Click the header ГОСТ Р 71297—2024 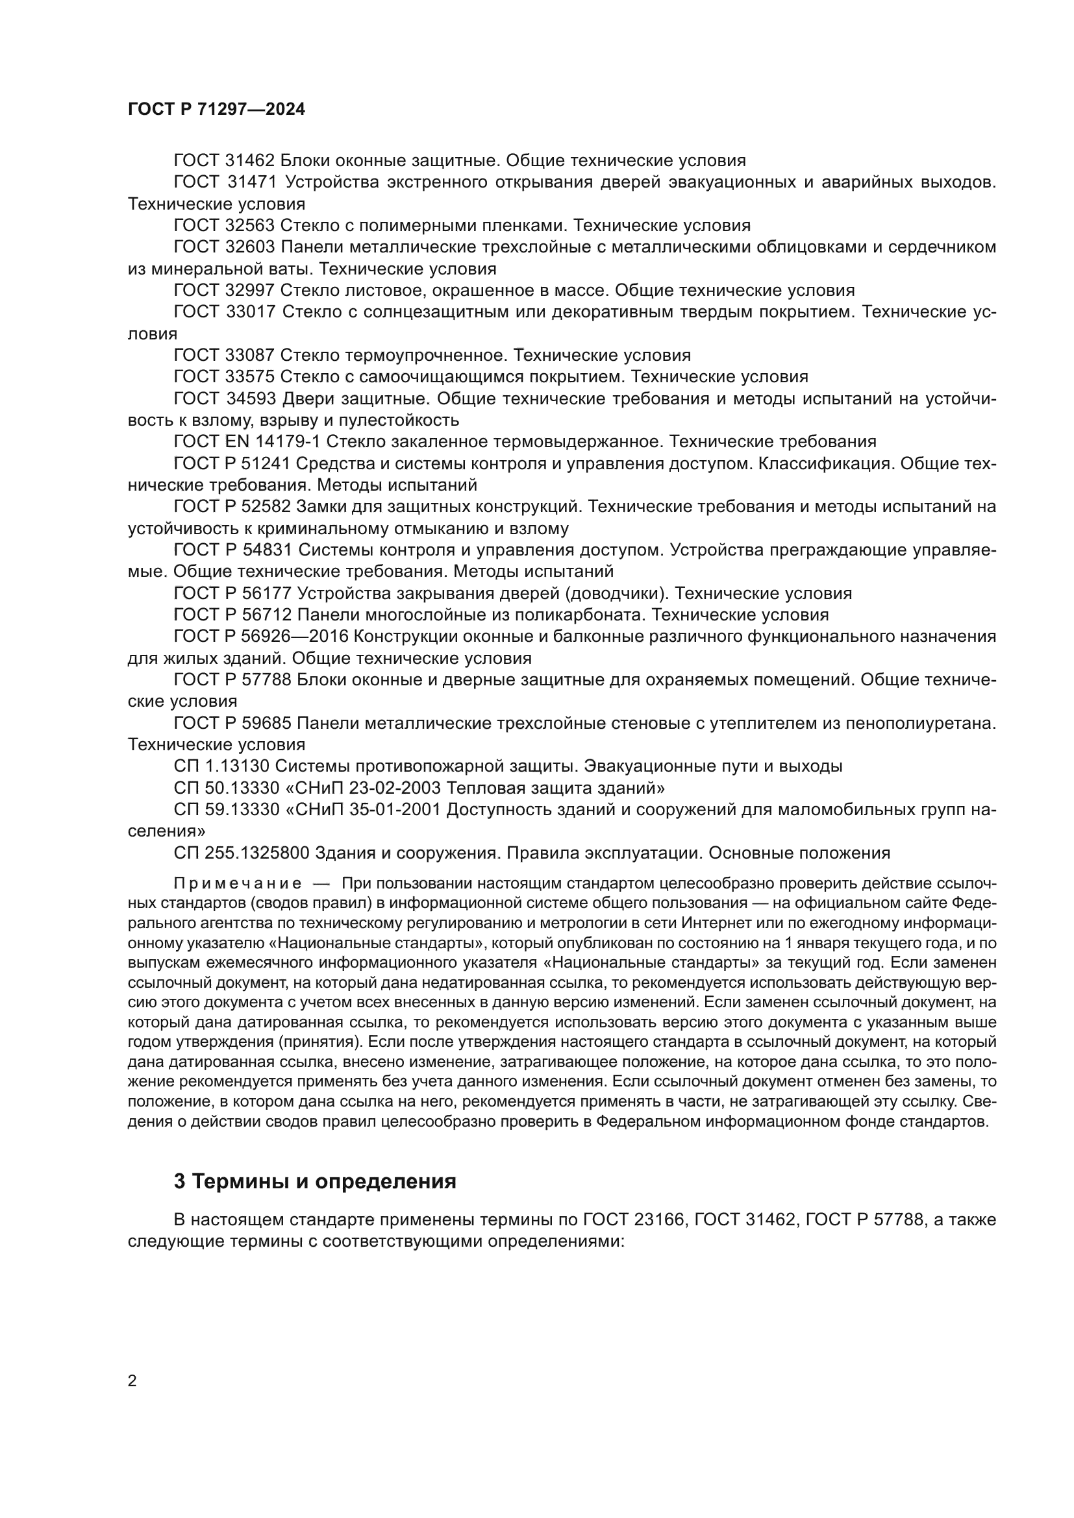click(x=216, y=110)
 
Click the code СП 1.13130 click(x=221, y=766)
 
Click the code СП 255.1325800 click(x=242, y=853)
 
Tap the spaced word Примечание click(x=238, y=884)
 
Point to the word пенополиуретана click(x=915, y=723)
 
